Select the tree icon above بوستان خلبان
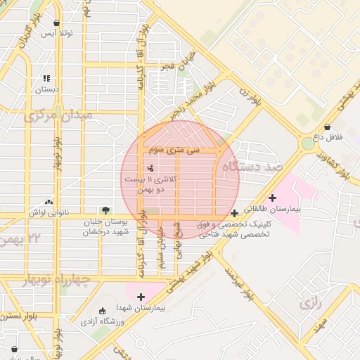coord(105,210)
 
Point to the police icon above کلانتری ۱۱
coord(151,167)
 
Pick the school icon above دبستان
coord(46,78)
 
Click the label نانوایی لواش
coord(49,211)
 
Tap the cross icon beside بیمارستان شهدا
coord(141,297)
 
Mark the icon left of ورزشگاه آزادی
coord(103,310)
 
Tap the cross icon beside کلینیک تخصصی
coord(234,212)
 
